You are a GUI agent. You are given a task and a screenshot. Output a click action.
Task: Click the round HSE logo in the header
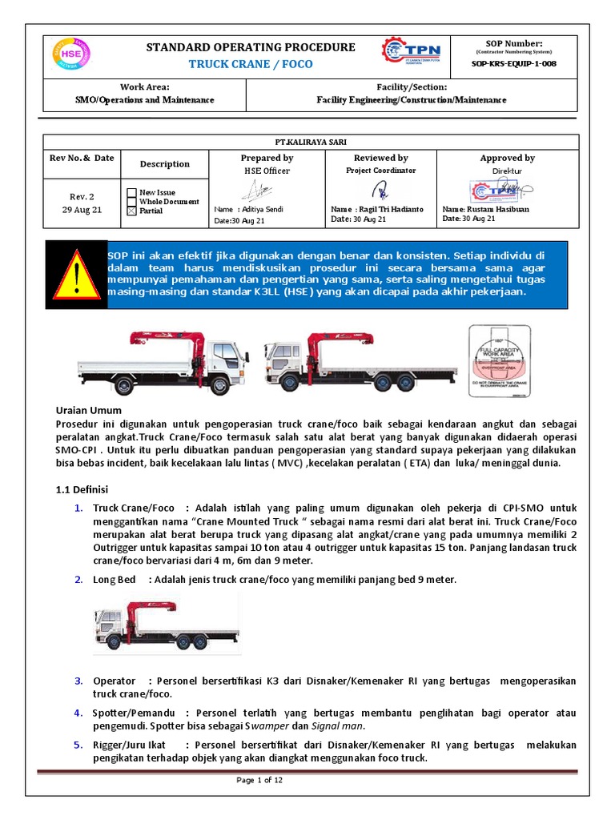coord(70,55)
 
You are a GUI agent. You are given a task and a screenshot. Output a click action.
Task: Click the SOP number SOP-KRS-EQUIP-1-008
coord(515,63)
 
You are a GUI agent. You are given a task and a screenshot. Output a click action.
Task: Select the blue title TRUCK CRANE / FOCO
coord(251,64)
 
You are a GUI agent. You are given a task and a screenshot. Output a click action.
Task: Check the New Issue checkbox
coord(131,192)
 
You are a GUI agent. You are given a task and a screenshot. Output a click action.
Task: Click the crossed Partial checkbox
coord(131,211)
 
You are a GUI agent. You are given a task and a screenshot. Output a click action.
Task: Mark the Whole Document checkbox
coord(131,202)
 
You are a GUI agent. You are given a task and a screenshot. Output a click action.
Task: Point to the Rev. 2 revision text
coord(82,196)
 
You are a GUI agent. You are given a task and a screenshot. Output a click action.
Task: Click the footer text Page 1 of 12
coord(259,781)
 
